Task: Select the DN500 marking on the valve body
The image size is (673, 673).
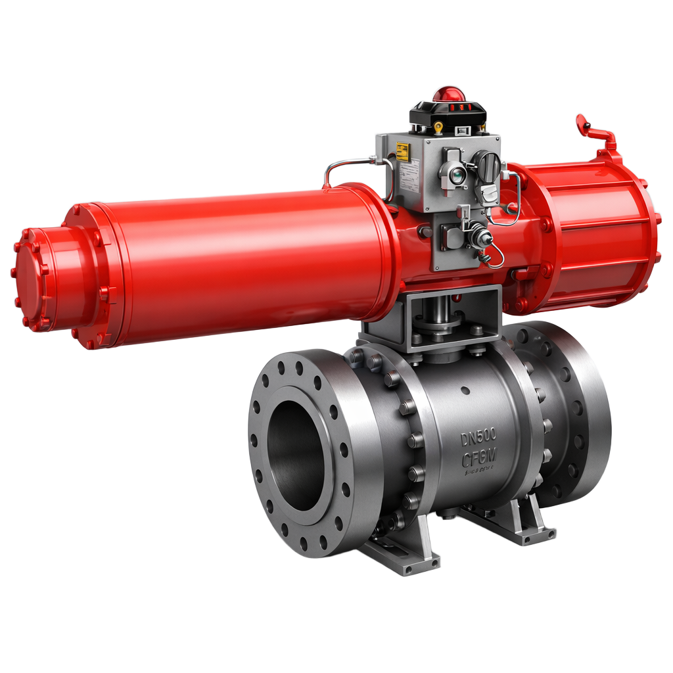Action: [x=478, y=436]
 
